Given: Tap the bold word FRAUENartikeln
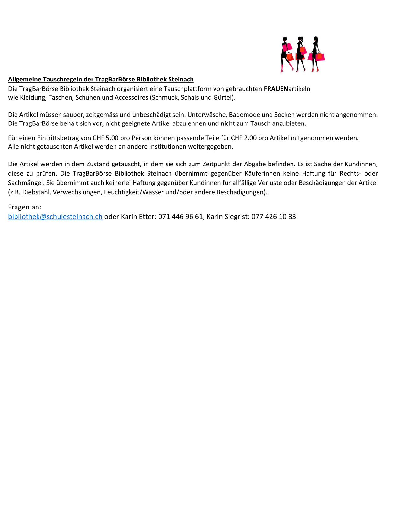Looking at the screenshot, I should (x=287, y=89).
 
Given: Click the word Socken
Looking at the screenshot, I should (x=284, y=115).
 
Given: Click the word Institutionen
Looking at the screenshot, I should (x=168, y=147).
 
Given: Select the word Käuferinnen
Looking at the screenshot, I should (x=262, y=174).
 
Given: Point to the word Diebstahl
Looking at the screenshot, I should (x=36, y=192).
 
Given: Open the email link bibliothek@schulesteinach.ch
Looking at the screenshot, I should (x=55, y=217).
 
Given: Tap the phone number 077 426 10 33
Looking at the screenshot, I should (x=274, y=217).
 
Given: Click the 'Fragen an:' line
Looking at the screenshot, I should (x=25, y=207).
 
